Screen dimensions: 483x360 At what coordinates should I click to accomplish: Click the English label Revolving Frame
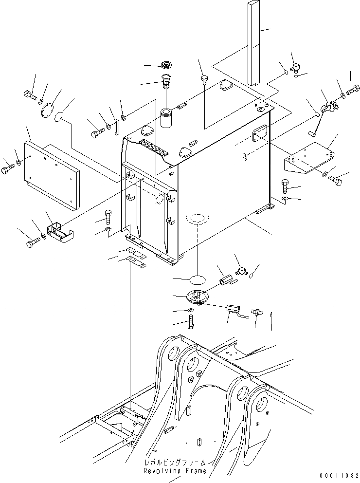tap(175, 471)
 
